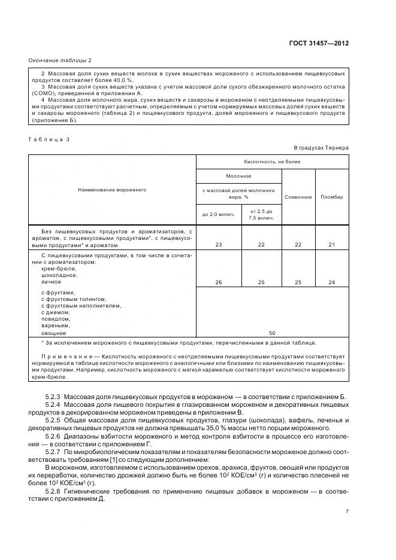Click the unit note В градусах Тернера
pyautogui.click(x=321, y=147)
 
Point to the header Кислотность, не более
pyautogui.click(x=273, y=162)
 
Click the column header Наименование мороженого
pyautogui.click(x=112, y=190)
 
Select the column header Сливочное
pyautogui.click(x=298, y=197)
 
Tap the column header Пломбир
pyautogui.click(x=332, y=197)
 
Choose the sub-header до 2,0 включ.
pyautogui.click(x=219, y=214)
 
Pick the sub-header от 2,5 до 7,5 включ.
pyautogui.click(x=261, y=214)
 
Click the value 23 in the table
pyautogui.click(x=219, y=245)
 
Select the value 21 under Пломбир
pyautogui.click(x=332, y=245)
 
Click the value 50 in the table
pyautogui.click(x=273, y=332)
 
